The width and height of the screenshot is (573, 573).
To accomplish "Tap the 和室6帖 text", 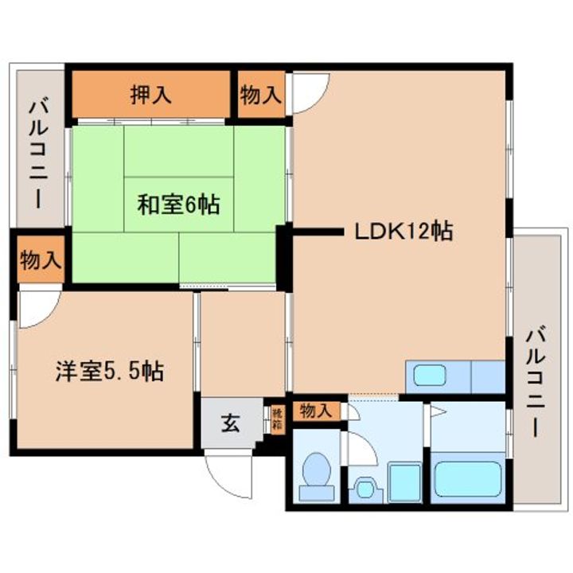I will [178, 205].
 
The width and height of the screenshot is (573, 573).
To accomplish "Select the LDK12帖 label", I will [403, 232].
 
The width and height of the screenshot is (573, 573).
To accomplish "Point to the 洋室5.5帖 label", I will [109, 371].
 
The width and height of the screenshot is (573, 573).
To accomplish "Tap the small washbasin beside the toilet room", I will [365, 486].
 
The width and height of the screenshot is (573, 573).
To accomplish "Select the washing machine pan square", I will [403, 481].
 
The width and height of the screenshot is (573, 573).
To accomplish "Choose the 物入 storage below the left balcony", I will [37, 259].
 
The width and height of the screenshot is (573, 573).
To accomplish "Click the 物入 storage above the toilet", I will [316, 411].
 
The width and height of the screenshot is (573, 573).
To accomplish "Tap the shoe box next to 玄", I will [276, 419].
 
